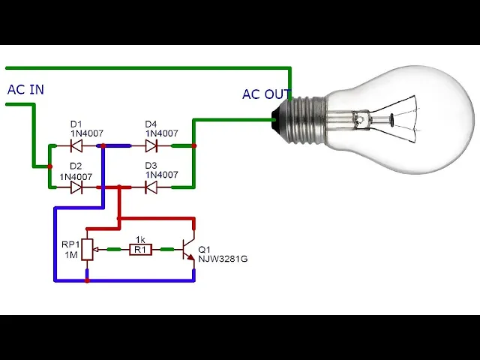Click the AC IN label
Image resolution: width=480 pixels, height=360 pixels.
(x=25, y=89)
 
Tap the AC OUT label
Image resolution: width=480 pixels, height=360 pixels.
(x=266, y=94)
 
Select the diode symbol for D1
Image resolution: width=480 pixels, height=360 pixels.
(x=76, y=145)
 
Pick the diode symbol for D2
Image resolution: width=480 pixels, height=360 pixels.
(x=76, y=187)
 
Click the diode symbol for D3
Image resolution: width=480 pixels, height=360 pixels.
(x=151, y=187)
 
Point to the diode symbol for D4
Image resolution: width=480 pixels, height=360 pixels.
(x=151, y=145)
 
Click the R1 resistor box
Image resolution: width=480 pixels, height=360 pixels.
(x=140, y=250)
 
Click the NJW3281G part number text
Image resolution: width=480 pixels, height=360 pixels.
(x=223, y=259)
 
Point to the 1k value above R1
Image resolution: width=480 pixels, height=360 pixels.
(x=140, y=239)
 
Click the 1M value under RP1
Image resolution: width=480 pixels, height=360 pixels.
(x=71, y=255)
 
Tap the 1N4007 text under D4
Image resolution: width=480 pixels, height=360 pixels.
(x=162, y=133)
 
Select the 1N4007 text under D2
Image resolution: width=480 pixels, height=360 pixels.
(x=76, y=177)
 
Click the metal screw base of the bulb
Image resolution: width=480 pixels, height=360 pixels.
(x=306, y=118)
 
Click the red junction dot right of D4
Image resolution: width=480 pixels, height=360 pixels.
(x=193, y=146)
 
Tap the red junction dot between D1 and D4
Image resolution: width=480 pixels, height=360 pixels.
(x=103, y=146)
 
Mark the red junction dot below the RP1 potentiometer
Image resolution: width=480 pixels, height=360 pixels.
(x=87, y=280)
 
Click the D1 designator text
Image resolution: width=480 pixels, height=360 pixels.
(x=76, y=124)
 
